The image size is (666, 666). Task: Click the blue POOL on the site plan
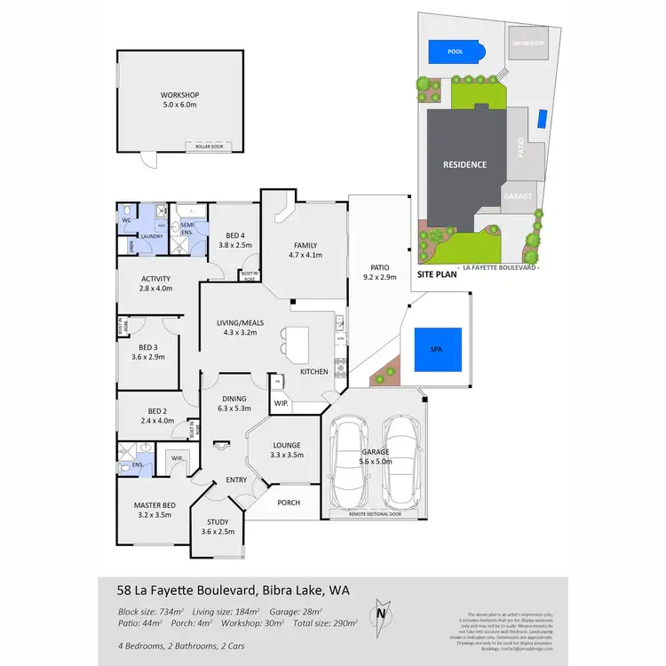tap(456, 52)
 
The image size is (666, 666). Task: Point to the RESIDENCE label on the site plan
tap(465, 164)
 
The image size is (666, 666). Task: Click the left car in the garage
tap(351, 461)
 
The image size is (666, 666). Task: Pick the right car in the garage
tap(402, 461)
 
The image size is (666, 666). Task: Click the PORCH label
tap(289, 503)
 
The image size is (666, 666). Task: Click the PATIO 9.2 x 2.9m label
tap(380, 272)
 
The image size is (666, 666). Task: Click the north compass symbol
tap(380, 612)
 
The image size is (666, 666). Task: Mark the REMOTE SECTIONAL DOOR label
tap(377, 514)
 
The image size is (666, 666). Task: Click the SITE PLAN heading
tap(438, 274)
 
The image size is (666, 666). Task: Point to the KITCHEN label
tap(313, 371)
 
